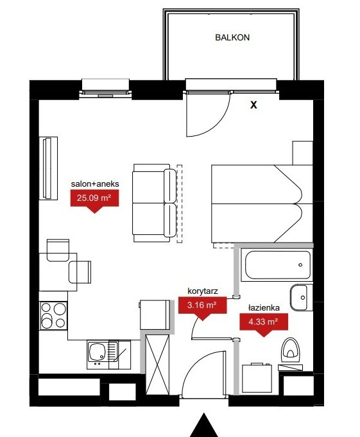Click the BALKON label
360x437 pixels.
pyautogui.click(x=232, y=37)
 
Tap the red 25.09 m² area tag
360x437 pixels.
pyautogui.click(x=94, y=200)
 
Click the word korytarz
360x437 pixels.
pyautogui.click(x=203, y=291)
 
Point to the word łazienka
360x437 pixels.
pyautogui.click(x=264, y=307)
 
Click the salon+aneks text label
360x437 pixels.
pyautogui.click(x=95, y=184)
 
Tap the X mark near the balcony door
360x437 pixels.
pyautogui.click(x=253, y=105)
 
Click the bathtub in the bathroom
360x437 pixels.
pyautogui.click(x=278, y=265)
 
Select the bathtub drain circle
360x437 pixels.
pyautogui.click(x=300, y=265)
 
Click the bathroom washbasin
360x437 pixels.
pyautogui.click(x=301, y=297)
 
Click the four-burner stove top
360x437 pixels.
pyautogui.click(x=53, y=316)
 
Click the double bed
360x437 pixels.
pyautogui.click(x=262, y=203)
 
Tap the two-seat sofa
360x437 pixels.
pyautogui.click(x=155, y=203)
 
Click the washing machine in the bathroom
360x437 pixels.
pyautogui.click(x=257, y=378)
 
